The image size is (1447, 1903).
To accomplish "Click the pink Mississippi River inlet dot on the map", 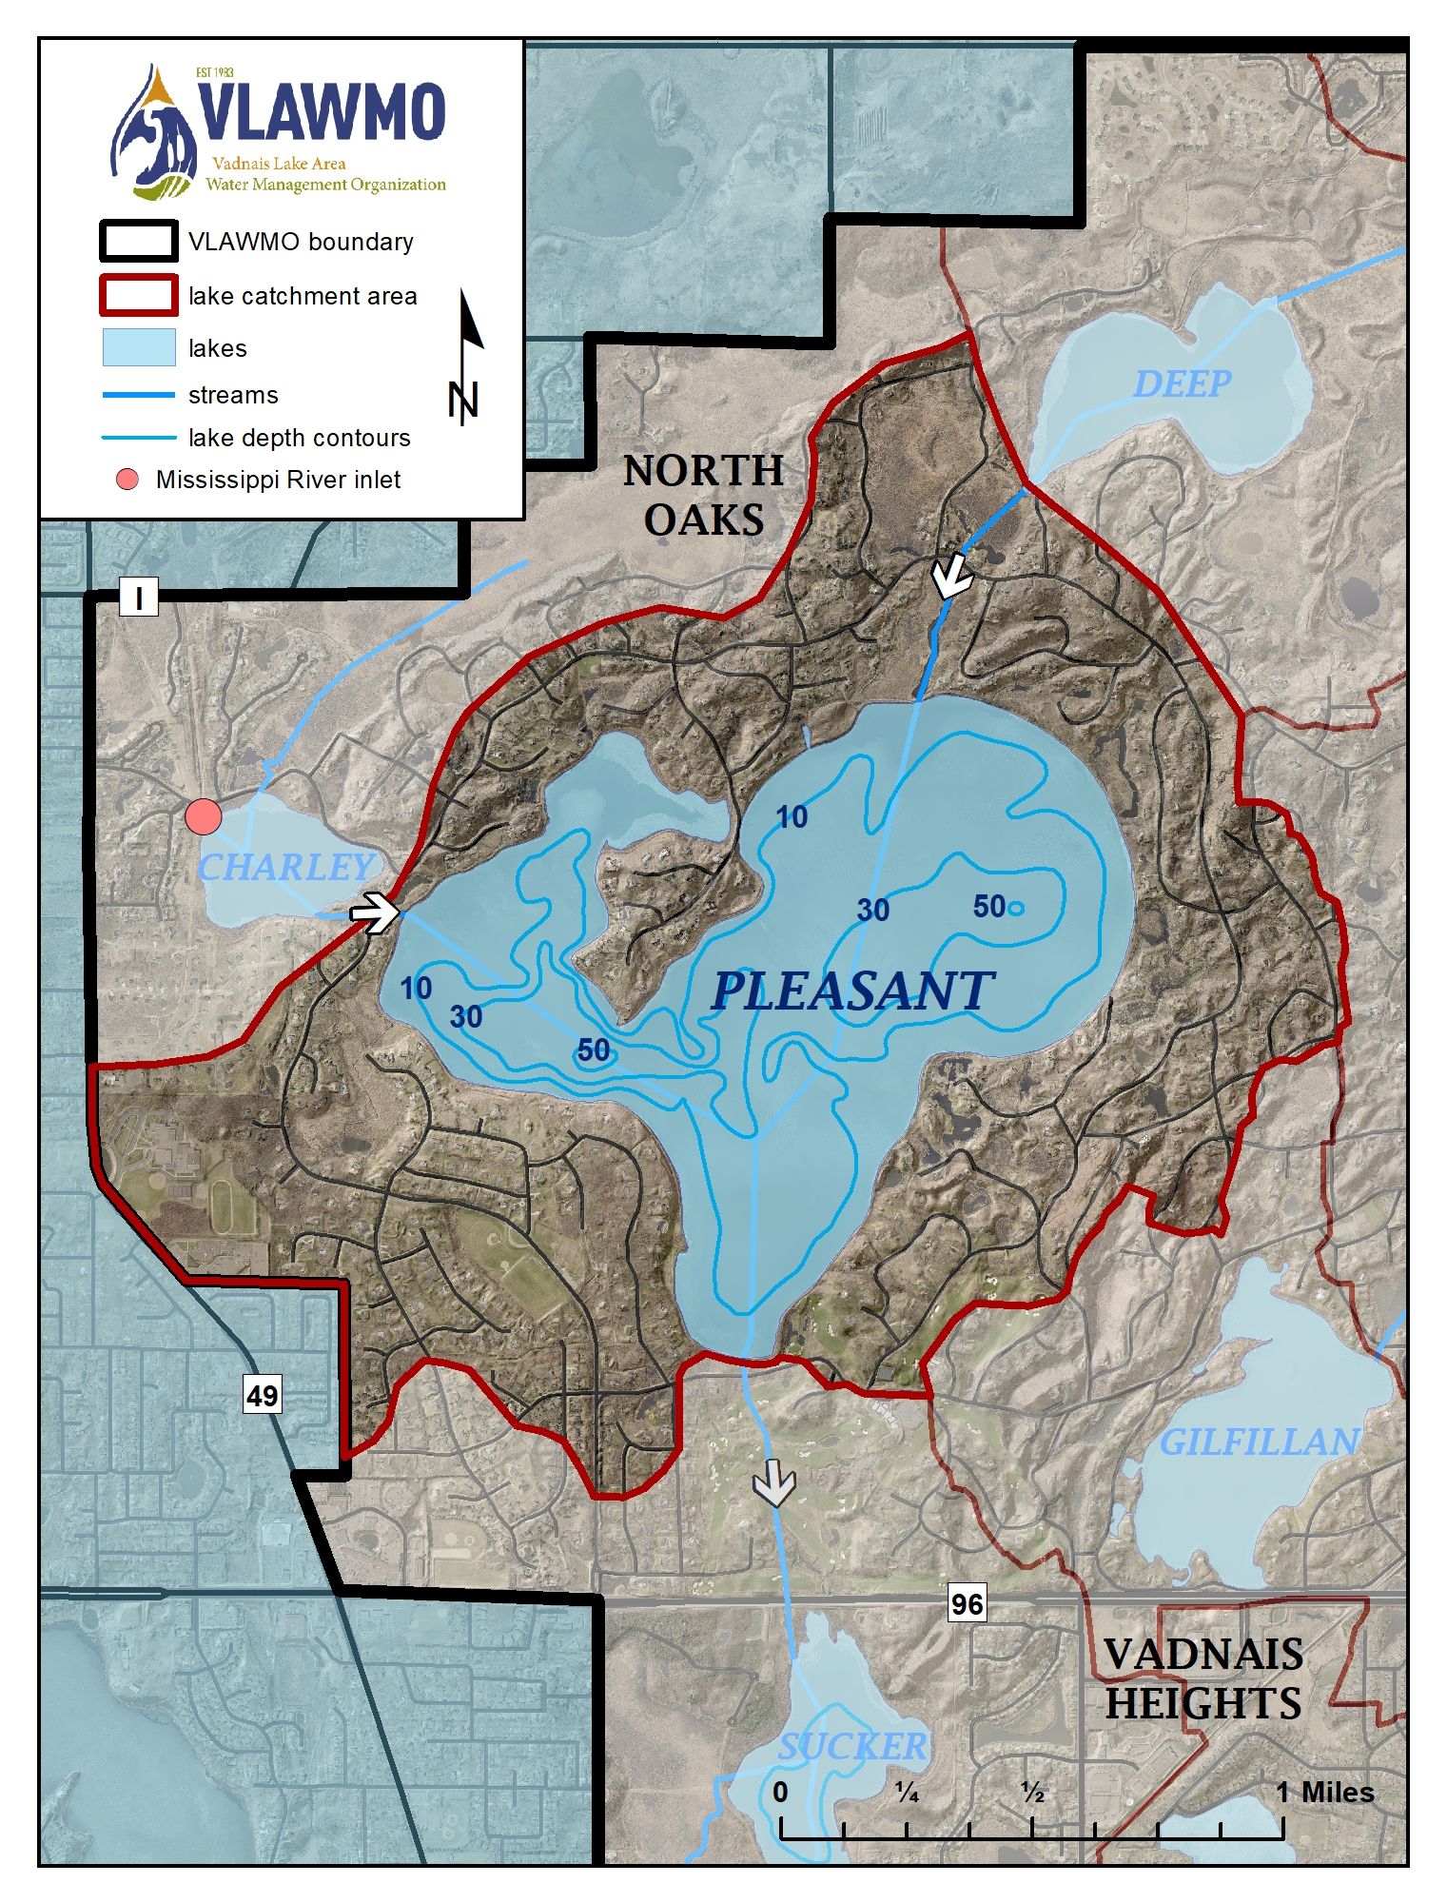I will pyautogui.click(x=203, y=815).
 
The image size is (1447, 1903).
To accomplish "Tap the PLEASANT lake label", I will pyautogui.click(x=852, y=991).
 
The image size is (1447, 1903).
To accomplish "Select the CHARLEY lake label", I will pyautogui.click(x=284, y=867).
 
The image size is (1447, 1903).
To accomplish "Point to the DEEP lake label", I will pyautogui.click(x=1182, y=383).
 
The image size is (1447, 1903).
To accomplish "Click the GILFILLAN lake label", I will pyautogui.click(x=1259, y=1442).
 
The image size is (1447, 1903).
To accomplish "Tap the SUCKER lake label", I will pyautogui.click(x=851, y=1746).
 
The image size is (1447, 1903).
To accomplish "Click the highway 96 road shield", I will pyautogui.click(x=967, y=1604).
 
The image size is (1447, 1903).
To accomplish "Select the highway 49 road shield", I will pyautogui.click(x=262, y=1395).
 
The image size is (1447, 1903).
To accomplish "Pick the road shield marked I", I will pyautogui.click(x=139, y=598).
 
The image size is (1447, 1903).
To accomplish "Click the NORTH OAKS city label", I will pyautogui.click(x=704, y=495).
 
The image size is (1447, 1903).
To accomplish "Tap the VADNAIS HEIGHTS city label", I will pyautogui.click(x=1203, y=1678).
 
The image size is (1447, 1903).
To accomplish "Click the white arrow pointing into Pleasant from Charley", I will pyautogui.click(x=374, y=912).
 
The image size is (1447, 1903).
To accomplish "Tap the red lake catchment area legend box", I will pyautogui.click(x=139, y=295).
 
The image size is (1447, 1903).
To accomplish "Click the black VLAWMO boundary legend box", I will pyautogui.click(x=139, y=241).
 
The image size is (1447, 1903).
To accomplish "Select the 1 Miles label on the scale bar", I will pyautogui.click(x=1324, y=1793).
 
